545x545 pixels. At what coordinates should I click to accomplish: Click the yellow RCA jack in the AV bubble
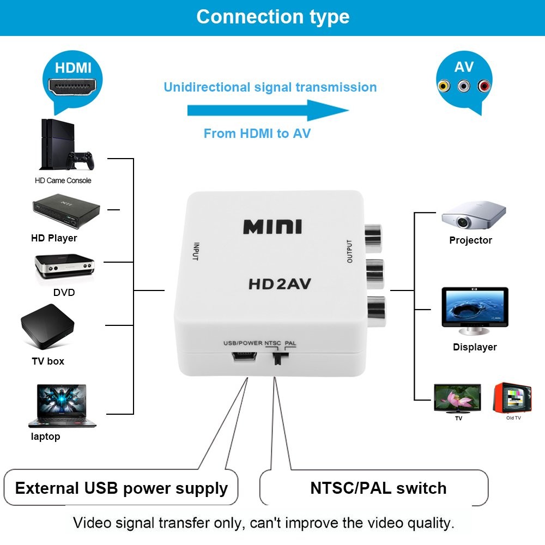click(444, 86)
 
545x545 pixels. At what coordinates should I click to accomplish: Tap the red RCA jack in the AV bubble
click(484, 86)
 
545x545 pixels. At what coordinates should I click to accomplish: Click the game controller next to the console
click(79, 161)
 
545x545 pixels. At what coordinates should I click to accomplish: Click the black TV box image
click(47, 327)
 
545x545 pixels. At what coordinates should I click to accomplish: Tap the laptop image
click(60, 406)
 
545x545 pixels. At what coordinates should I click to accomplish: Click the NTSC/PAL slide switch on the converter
click(279, 359)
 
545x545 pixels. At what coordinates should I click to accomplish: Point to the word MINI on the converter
click(272, 226)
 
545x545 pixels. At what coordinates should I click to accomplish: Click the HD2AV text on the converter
click(280, 284)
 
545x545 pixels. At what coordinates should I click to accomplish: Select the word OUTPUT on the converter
click(350, 251)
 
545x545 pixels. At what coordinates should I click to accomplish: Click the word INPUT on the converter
click(195, 251)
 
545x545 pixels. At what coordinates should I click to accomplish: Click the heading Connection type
click(272, 17)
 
